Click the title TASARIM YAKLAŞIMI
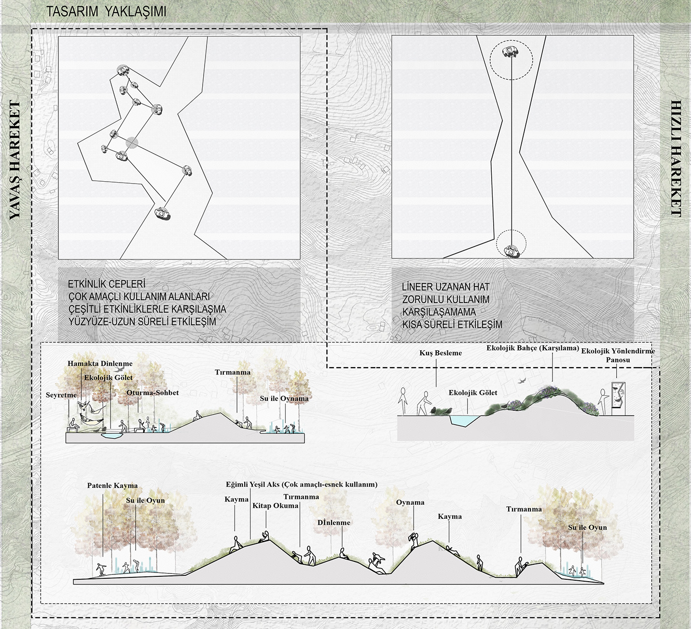[x=106, y=12]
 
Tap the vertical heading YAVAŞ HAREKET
[x=15, y=160]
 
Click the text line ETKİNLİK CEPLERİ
[x=107, y=284]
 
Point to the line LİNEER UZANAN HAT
[x=446, y=287]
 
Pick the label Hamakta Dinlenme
[x=100, y=364]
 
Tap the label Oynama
[x=410, y=502]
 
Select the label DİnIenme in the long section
[x=334, y=523]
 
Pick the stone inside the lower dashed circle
[x=511, y=251]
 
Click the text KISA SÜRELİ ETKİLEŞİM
[x=452, y=324]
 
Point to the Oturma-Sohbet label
[x=152, y=393]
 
